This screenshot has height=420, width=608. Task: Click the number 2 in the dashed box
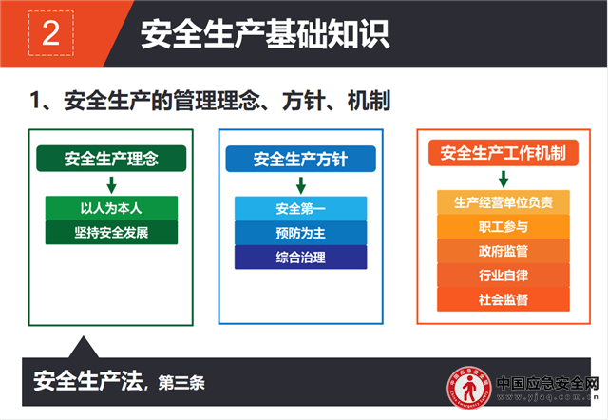[50, 33]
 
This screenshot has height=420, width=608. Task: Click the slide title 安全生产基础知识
[265, 34]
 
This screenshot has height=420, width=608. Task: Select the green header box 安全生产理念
[111, 159]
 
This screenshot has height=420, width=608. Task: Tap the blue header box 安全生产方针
[300, 159]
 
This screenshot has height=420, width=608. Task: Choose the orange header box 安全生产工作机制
[503, 153]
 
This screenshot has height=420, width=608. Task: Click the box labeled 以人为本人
[111, 208]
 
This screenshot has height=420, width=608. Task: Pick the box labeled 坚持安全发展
[111, 232]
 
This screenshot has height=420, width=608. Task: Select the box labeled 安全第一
[300, 209]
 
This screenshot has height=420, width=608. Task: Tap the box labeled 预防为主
[300, 233]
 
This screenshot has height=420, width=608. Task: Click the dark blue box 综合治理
[300, 258]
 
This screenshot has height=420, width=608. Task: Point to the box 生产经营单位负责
[503, 202]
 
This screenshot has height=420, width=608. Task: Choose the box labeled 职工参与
[503, 226]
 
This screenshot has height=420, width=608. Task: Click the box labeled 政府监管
[503, 251]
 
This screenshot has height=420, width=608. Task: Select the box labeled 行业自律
[503, 276]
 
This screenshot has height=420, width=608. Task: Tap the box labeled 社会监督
[503, 299]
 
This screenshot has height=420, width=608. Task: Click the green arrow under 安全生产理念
[112, 185]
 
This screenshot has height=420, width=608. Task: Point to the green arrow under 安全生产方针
[301, 185]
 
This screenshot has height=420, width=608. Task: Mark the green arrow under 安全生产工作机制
[503, 180]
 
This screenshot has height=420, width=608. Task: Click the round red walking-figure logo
[469, 387]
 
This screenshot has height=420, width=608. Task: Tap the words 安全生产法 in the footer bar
[88, 381]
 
